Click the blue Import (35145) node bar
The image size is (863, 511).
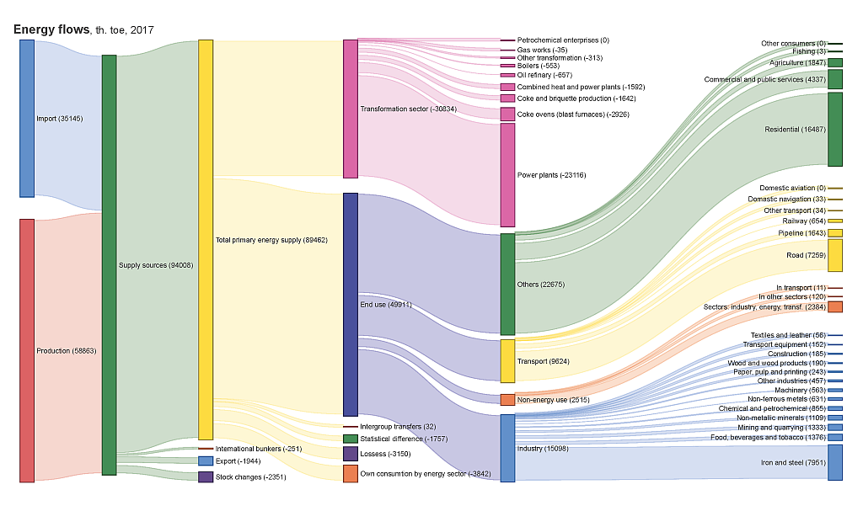point(27,118)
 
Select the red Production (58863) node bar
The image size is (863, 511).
point(27,350)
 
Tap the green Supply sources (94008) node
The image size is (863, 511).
point(109,265)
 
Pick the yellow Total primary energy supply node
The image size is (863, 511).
point(206,239)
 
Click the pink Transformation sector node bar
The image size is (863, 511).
point(351,109)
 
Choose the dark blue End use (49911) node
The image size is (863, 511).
point(351,304)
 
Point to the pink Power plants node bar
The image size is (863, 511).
point(507,175)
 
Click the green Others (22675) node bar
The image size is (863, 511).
point(507,284)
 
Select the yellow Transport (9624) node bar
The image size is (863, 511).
point(507,361)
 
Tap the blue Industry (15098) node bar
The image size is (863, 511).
point(507,448)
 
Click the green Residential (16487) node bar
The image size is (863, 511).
point(835,130)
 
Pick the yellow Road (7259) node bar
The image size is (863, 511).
point(835,255)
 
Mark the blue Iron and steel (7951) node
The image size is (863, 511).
point(835,462)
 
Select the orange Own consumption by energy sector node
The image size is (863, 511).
point(351,473)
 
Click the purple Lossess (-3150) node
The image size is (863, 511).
point(351,454)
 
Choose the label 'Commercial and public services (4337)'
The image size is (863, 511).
point(764,79)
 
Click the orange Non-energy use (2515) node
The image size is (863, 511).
point(507,400)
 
